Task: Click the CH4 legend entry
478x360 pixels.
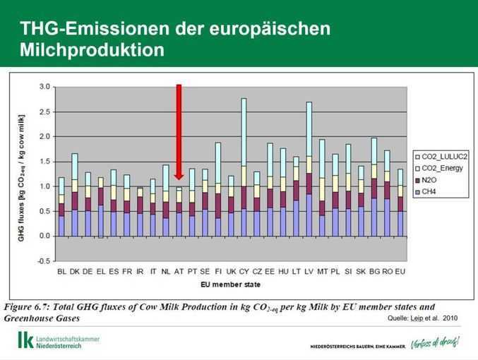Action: click(x=430, y=192)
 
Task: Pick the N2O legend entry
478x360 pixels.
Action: click(x=430, y=180)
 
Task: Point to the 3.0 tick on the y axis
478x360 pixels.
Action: click(x=45, y=87)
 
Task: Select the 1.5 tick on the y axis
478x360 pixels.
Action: click(x=45, y=162)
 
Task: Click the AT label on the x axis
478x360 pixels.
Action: click(x=179, y=271)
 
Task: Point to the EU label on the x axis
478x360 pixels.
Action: click(x=401, y=271)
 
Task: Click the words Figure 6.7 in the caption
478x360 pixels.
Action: click(x=30, y=307)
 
